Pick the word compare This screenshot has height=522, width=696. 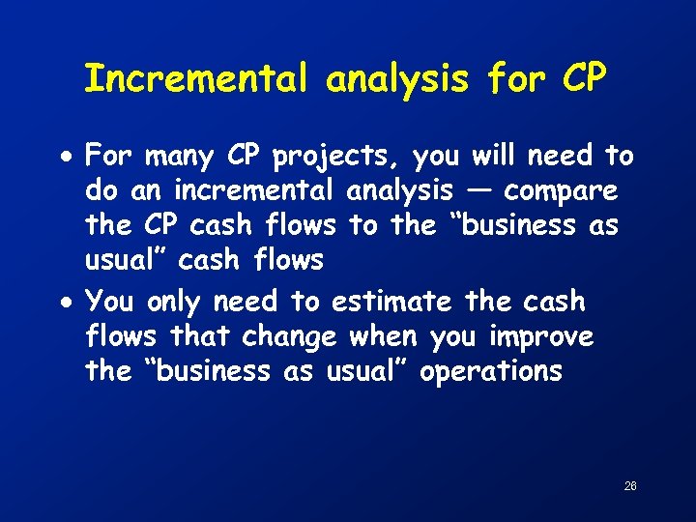(x=561, y=191)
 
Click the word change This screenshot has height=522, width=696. (x=289, y=337)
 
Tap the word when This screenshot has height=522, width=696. (x=380, y=336)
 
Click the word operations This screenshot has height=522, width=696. (x=490, y=372)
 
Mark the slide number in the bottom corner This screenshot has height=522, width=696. (x=630, y=485)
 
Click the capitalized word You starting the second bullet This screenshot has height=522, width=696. (x=109, y=302)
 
